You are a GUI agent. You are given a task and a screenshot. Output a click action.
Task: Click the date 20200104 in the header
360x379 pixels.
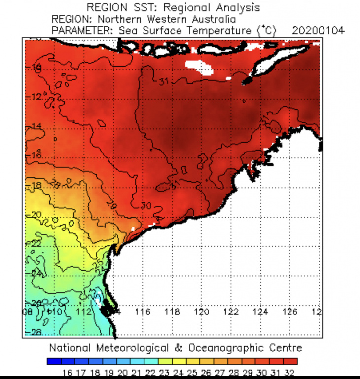(x=318, y=30)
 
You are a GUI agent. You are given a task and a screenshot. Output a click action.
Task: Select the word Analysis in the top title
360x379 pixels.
(x=236, y=8)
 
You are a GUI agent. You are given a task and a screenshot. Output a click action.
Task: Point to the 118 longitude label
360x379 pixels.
(x=172, y=312)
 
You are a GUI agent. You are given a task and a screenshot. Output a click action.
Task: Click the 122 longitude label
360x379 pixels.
(x=231, y=312)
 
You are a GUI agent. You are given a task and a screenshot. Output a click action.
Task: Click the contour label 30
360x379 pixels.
(x=146, y=205)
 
